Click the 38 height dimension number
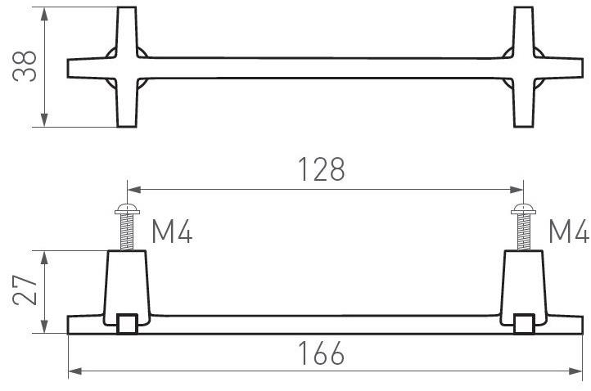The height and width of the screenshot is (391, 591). pos(25,67)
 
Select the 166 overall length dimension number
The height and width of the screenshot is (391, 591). pos(321,353)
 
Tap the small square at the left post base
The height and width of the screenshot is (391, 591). pos(127,325)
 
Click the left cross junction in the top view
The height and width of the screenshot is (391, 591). pos(127,68)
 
